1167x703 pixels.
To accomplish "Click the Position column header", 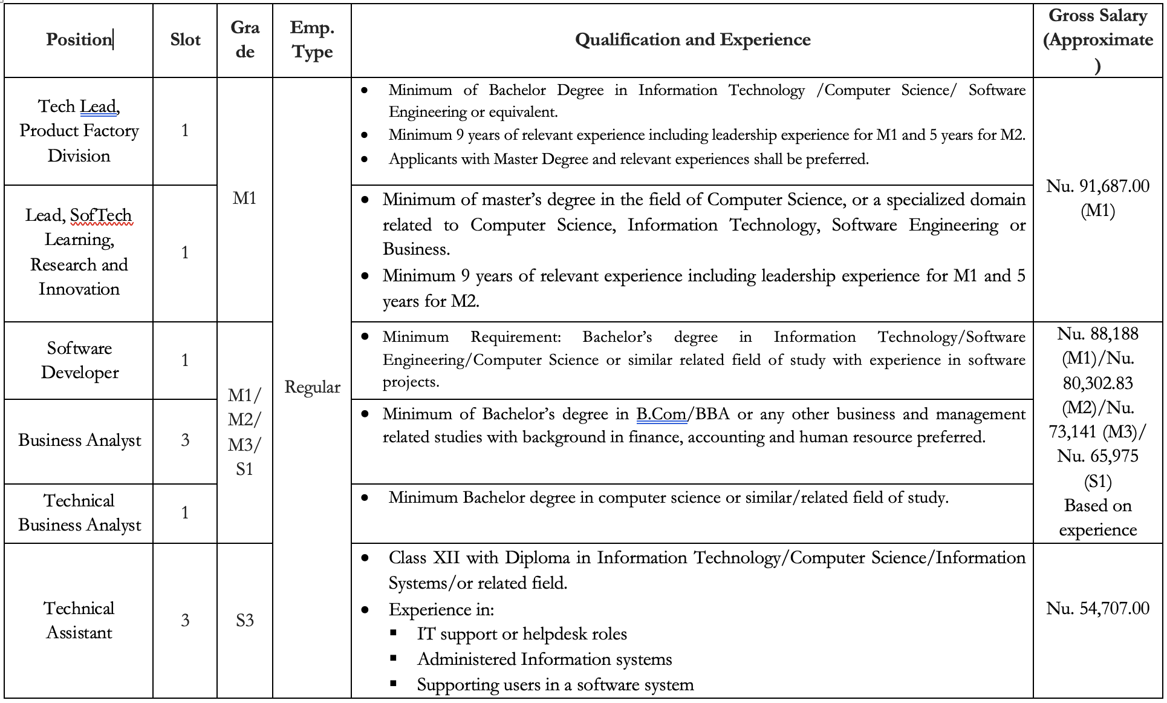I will [x=79, y=40].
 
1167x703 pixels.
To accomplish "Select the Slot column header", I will [x=185, y=40].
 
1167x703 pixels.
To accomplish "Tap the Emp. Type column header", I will [x=312, y=40].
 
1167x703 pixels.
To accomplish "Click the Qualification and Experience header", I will [x=692, y=40].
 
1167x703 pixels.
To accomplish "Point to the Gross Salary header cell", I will [x=1097, y=40].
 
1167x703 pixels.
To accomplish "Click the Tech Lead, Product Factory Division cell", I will [x=79, y=131].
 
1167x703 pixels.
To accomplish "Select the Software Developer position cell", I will [x=79, y=361].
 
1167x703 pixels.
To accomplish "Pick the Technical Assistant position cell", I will [x=79, y=621].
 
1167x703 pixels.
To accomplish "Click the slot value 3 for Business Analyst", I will [x=185, y=440].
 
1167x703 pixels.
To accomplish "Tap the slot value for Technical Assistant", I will [x=185, y=621].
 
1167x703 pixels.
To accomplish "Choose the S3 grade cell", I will [x=244, y=621].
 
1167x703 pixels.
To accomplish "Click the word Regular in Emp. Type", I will [x=312, y=387].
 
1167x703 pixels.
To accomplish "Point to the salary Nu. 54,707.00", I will [x=1097, y=609].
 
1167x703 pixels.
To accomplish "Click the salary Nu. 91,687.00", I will [x=1097, y=186].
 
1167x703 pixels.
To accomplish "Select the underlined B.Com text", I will [x=661, y=414].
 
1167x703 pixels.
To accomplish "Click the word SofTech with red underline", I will [x=101, y=215].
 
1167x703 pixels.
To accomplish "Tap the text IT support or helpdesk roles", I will [x=522, y=634].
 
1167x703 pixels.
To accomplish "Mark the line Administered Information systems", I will [x=544, y=659].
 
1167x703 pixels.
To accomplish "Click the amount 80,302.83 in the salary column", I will [x=1097, y=384].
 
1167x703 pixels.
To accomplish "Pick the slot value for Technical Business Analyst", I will [x=185, y=513].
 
